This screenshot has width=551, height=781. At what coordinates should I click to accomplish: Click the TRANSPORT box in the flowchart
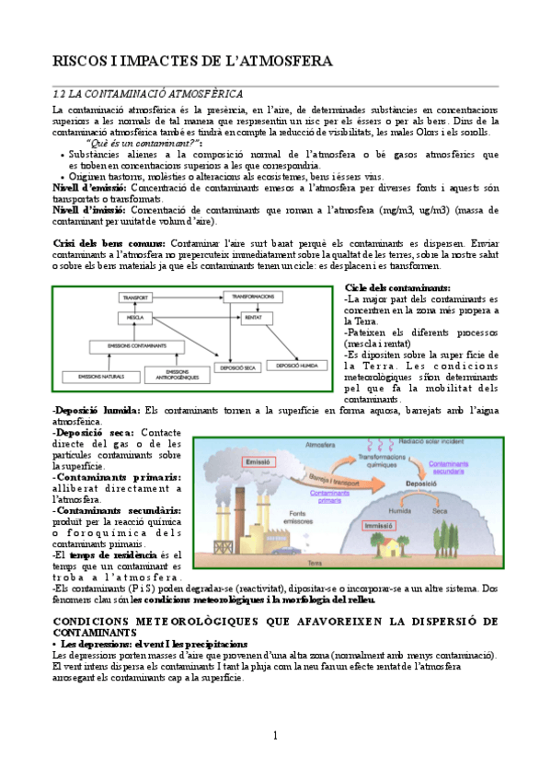136,298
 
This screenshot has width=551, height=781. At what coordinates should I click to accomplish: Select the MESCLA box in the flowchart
136,318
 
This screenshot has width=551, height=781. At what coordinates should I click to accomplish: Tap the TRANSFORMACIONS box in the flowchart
254,297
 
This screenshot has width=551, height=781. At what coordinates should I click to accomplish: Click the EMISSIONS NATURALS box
98,377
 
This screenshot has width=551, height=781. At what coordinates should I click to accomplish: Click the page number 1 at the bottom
275,735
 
